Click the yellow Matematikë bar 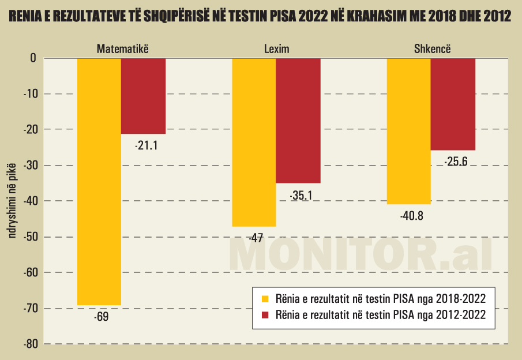99,181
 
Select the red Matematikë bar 144,96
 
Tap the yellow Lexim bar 254,142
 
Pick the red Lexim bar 298,121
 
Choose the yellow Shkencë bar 408,131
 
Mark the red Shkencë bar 453,104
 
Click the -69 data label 101,317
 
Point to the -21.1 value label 146,146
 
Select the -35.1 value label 301,196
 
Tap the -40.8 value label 411,217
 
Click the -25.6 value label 456,162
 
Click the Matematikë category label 122,48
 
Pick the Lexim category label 276,48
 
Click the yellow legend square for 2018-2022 265,299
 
